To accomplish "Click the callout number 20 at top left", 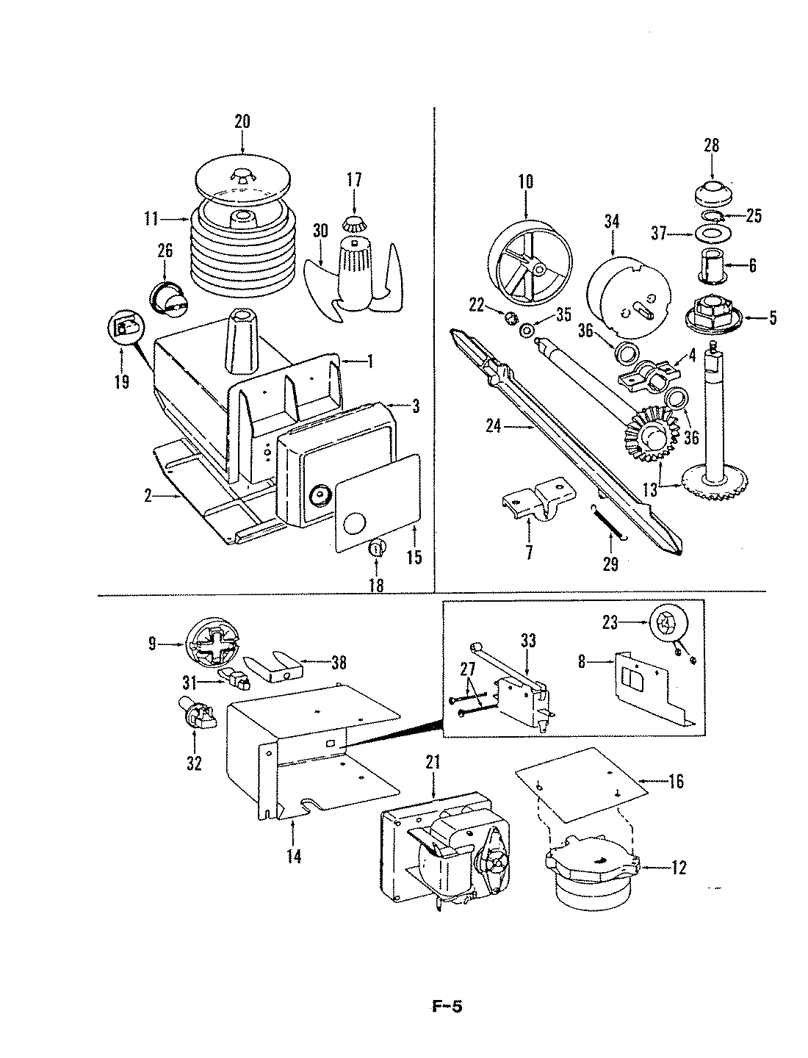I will point(242,121).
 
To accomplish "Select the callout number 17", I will point(355,179).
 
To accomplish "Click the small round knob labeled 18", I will point(375,547).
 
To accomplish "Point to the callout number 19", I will point(121,381).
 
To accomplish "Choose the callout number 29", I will point(610,564).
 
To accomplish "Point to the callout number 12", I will point(679,868).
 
